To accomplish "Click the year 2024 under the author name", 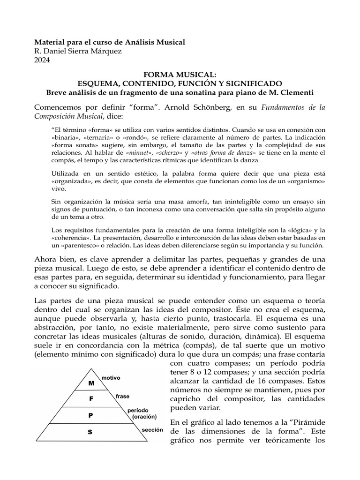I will coord(44,60).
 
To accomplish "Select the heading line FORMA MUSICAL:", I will coord(180,74).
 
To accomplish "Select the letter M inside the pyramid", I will coord(91,382).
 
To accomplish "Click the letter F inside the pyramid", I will coord(91,399).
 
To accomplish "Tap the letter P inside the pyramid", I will coord(91,415).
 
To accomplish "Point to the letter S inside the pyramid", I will coord(90,433).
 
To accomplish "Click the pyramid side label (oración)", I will coord(144,416).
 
